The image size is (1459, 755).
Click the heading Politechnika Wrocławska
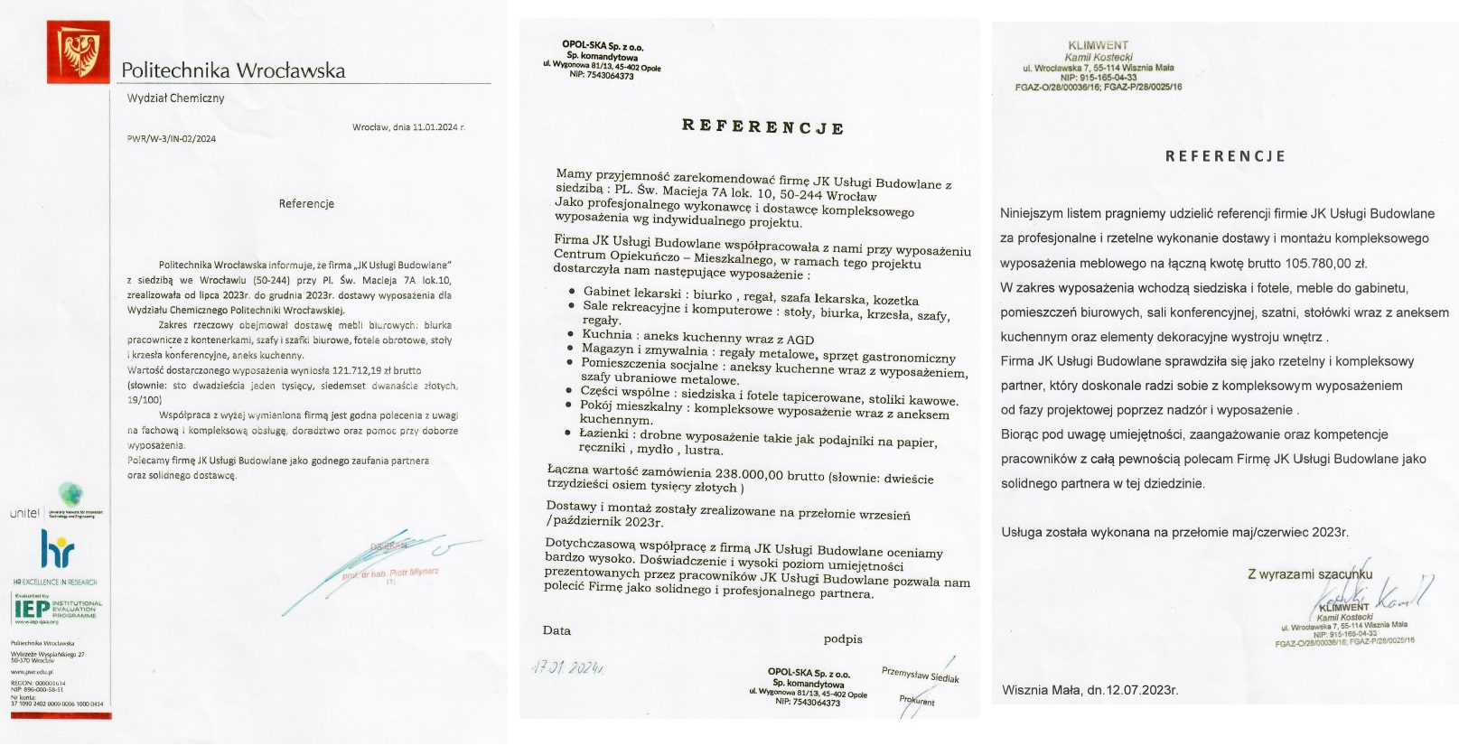232,70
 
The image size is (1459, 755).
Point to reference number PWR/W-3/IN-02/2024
172,139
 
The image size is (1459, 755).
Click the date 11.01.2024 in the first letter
435,128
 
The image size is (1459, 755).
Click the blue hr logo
57,549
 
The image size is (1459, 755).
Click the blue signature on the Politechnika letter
379,569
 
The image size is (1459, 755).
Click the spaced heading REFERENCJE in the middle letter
762,127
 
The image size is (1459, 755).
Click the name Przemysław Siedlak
920,675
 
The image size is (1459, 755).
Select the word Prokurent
917,701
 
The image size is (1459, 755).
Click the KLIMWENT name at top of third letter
1098,45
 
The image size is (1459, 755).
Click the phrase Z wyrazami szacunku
1309,574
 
